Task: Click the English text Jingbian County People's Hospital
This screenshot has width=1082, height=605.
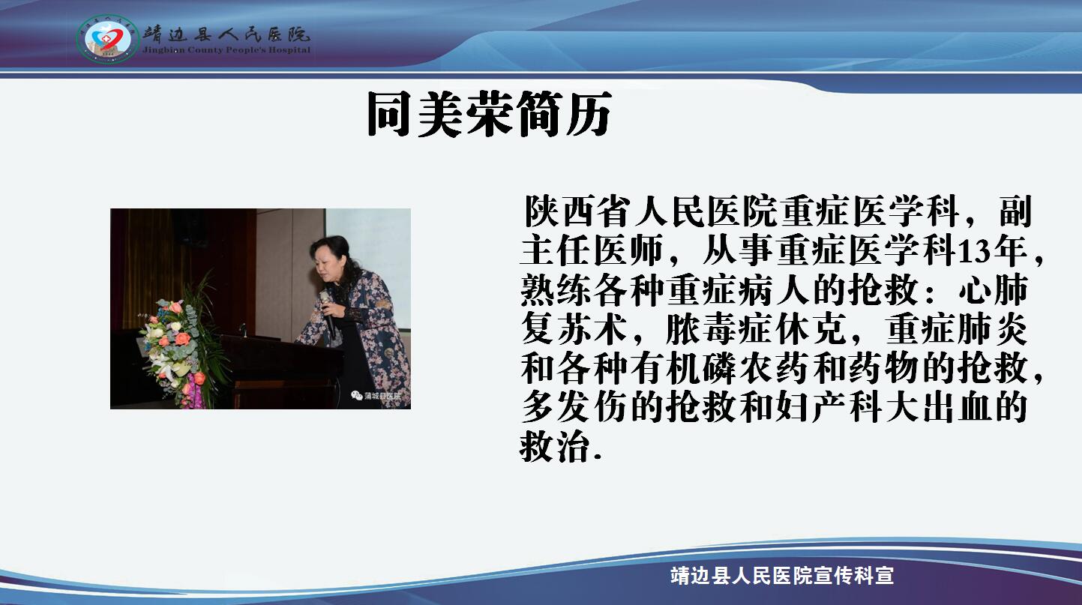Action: coord(226,49)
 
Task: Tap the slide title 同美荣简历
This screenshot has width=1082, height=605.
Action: coord(489,115)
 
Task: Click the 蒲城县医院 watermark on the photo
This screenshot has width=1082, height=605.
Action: coord(376,396)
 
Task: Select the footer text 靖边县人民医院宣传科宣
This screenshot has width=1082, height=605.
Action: coord(782,576)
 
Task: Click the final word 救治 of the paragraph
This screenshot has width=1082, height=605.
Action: coord(556,447)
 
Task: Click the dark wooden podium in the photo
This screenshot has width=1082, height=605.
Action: coord(280,372)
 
